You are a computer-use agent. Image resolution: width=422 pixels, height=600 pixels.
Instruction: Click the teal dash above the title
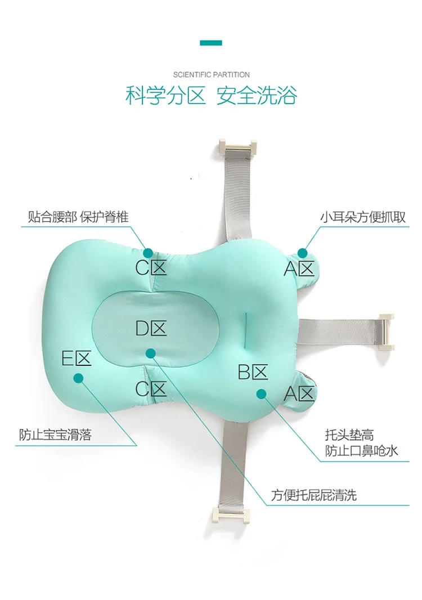[211, 43]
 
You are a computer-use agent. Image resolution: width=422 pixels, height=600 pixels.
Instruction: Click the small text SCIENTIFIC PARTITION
[211, 74]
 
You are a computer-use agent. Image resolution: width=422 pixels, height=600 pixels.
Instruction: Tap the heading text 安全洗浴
[257, 96]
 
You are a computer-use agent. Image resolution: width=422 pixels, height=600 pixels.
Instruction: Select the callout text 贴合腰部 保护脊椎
[78, 217]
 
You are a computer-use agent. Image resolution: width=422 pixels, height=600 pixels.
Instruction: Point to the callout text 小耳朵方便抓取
[363, 217]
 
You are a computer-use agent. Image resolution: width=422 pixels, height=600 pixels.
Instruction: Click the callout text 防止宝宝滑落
[55, 435]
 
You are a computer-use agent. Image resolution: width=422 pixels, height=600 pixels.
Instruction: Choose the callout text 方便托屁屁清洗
[313, 495]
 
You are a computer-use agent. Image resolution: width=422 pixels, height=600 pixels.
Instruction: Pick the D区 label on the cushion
[151, 328]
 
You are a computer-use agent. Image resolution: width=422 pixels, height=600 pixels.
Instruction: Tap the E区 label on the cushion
[76, 359]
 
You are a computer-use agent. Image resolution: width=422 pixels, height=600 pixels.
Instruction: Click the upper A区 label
[299, 269]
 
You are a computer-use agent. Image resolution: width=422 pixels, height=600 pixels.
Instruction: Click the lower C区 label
[151, 389]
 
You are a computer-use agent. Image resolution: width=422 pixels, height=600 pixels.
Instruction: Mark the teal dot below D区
[150, 353]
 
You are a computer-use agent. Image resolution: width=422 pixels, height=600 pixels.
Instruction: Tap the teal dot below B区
[261, 393]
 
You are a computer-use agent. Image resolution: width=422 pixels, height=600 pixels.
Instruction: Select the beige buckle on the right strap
[387, 332]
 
